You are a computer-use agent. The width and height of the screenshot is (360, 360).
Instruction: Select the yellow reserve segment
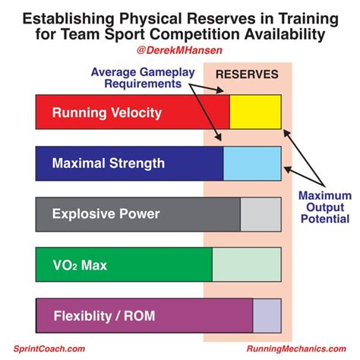(255, 113)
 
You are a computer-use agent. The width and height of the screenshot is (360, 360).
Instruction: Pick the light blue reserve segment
(252, 163)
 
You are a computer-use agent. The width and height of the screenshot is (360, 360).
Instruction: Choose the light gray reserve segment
(261, 213)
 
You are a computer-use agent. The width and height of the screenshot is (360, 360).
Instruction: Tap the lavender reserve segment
(267, 315)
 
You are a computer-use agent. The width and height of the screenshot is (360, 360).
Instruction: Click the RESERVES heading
(248, 74)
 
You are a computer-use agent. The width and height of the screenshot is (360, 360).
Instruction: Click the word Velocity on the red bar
(134, 113)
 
